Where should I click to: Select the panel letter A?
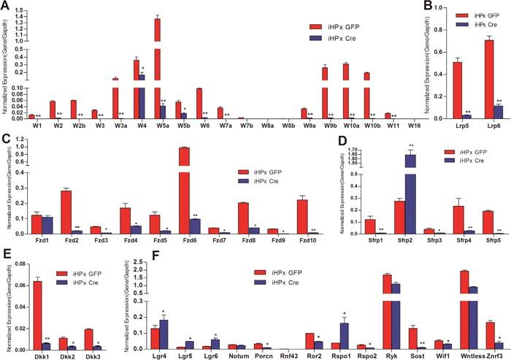(6, 6)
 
